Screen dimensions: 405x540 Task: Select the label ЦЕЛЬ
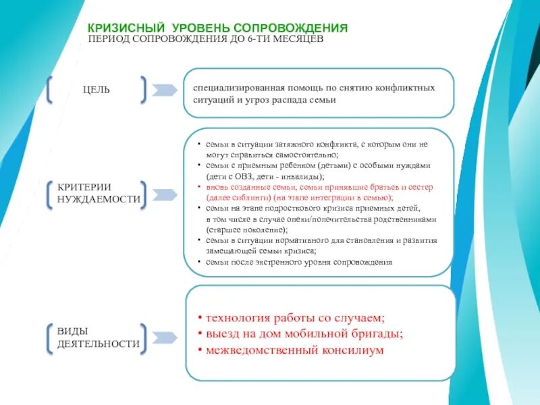pyautogui.click(x=97, y=90)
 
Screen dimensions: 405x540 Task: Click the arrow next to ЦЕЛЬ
pyautogui.click(x=164, y=90)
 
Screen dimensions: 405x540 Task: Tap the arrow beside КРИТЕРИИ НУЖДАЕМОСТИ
pyautogui.click(x=164, y=194)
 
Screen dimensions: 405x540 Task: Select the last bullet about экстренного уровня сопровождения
pyautogui.click(x=300, y=261)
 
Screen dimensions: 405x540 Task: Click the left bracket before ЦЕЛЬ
pyautogui.click(x=50, y=90)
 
